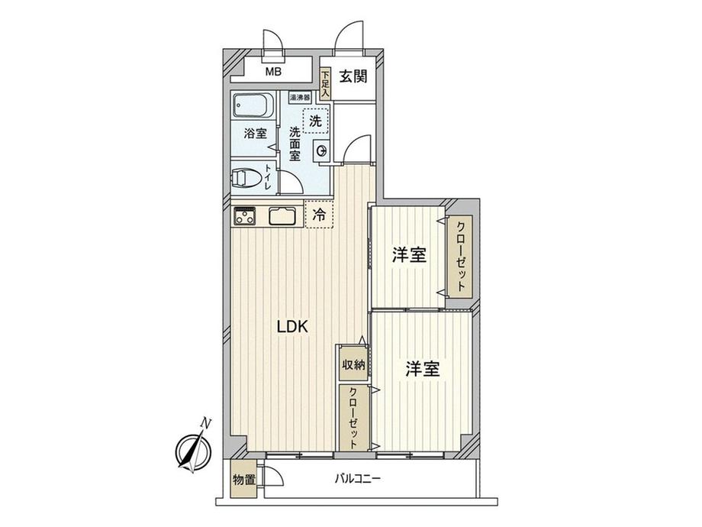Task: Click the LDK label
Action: point(291,327)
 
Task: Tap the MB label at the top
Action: point(272,73)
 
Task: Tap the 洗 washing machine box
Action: point(316,120)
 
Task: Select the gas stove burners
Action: point(246,216)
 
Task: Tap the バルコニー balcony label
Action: point(357,480)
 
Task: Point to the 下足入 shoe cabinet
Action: point(326,83)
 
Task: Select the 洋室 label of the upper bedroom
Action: point(409,256)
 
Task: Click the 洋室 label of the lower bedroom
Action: point(422,370)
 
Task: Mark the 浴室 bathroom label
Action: point(255,134)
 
